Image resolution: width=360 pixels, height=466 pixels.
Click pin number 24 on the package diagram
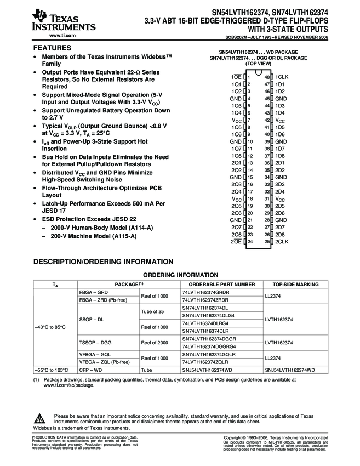pos(250,241)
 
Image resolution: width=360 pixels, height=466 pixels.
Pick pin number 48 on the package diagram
pos(267,77)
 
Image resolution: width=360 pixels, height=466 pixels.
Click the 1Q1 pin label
pos(236,84)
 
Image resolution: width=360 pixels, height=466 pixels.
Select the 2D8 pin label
pos(280,234)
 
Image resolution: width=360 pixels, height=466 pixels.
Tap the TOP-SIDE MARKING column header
pos(295,285)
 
